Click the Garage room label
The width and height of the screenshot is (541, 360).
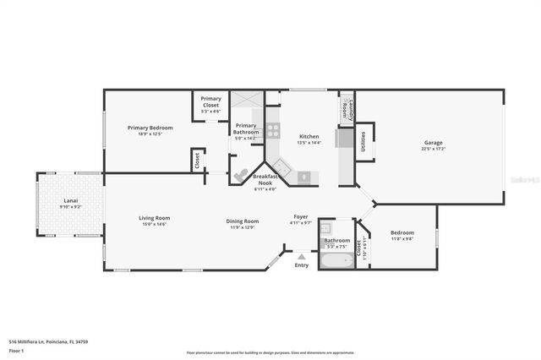click(433, 143)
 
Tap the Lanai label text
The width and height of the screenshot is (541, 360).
click(71, 200)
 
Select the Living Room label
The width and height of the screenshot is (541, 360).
click(154, 218)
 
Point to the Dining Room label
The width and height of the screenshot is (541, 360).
click(242, 221)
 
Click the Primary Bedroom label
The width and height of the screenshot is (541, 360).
click(144, 128)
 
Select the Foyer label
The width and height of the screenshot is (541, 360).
click(301, 216)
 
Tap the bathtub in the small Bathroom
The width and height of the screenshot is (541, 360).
click(337, 260)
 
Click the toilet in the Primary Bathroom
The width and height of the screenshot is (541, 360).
click(242, 174)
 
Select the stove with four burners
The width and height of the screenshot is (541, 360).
click(273, 130)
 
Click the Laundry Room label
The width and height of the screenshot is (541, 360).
click(346, 106)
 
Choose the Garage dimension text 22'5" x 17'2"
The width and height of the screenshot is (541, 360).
click(433, 149)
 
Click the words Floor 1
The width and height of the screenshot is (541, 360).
click(16, 350)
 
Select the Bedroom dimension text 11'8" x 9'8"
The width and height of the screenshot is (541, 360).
click(402, 238)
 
